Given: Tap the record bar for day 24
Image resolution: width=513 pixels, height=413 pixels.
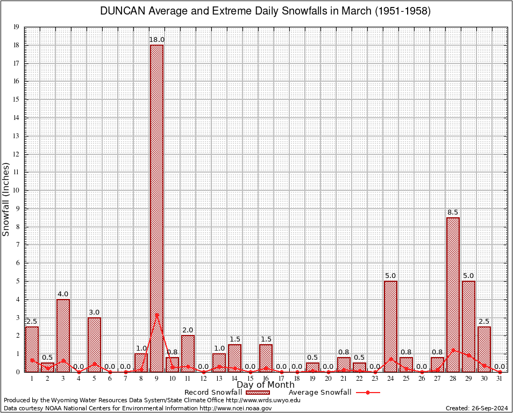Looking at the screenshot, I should [390, 326].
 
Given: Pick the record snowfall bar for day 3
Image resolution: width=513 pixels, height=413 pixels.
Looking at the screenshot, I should [63, 336].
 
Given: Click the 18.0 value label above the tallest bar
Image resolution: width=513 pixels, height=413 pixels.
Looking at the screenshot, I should [156, 40].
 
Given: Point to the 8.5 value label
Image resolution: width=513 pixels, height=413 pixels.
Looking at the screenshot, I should [453, 212].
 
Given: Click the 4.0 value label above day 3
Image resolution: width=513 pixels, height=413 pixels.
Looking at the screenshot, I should [63, 294].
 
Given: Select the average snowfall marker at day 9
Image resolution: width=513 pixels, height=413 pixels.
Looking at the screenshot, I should [156, 315].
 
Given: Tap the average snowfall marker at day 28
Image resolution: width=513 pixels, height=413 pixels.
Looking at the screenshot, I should [453, 350].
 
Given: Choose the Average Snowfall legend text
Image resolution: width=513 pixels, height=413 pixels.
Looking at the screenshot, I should [320, 393].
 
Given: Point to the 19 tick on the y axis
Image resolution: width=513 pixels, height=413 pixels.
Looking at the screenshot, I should [16, 27].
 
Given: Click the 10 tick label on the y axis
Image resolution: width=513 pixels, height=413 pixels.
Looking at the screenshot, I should [16, 190].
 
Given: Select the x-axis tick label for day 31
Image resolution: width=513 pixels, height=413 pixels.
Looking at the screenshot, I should [500, 379].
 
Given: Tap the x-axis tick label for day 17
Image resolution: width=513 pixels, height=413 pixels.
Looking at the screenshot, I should [281, 379].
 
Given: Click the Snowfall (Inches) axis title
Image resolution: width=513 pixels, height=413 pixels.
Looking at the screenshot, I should [6, 199].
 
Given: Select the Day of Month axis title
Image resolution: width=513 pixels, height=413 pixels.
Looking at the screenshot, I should [266, 385].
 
